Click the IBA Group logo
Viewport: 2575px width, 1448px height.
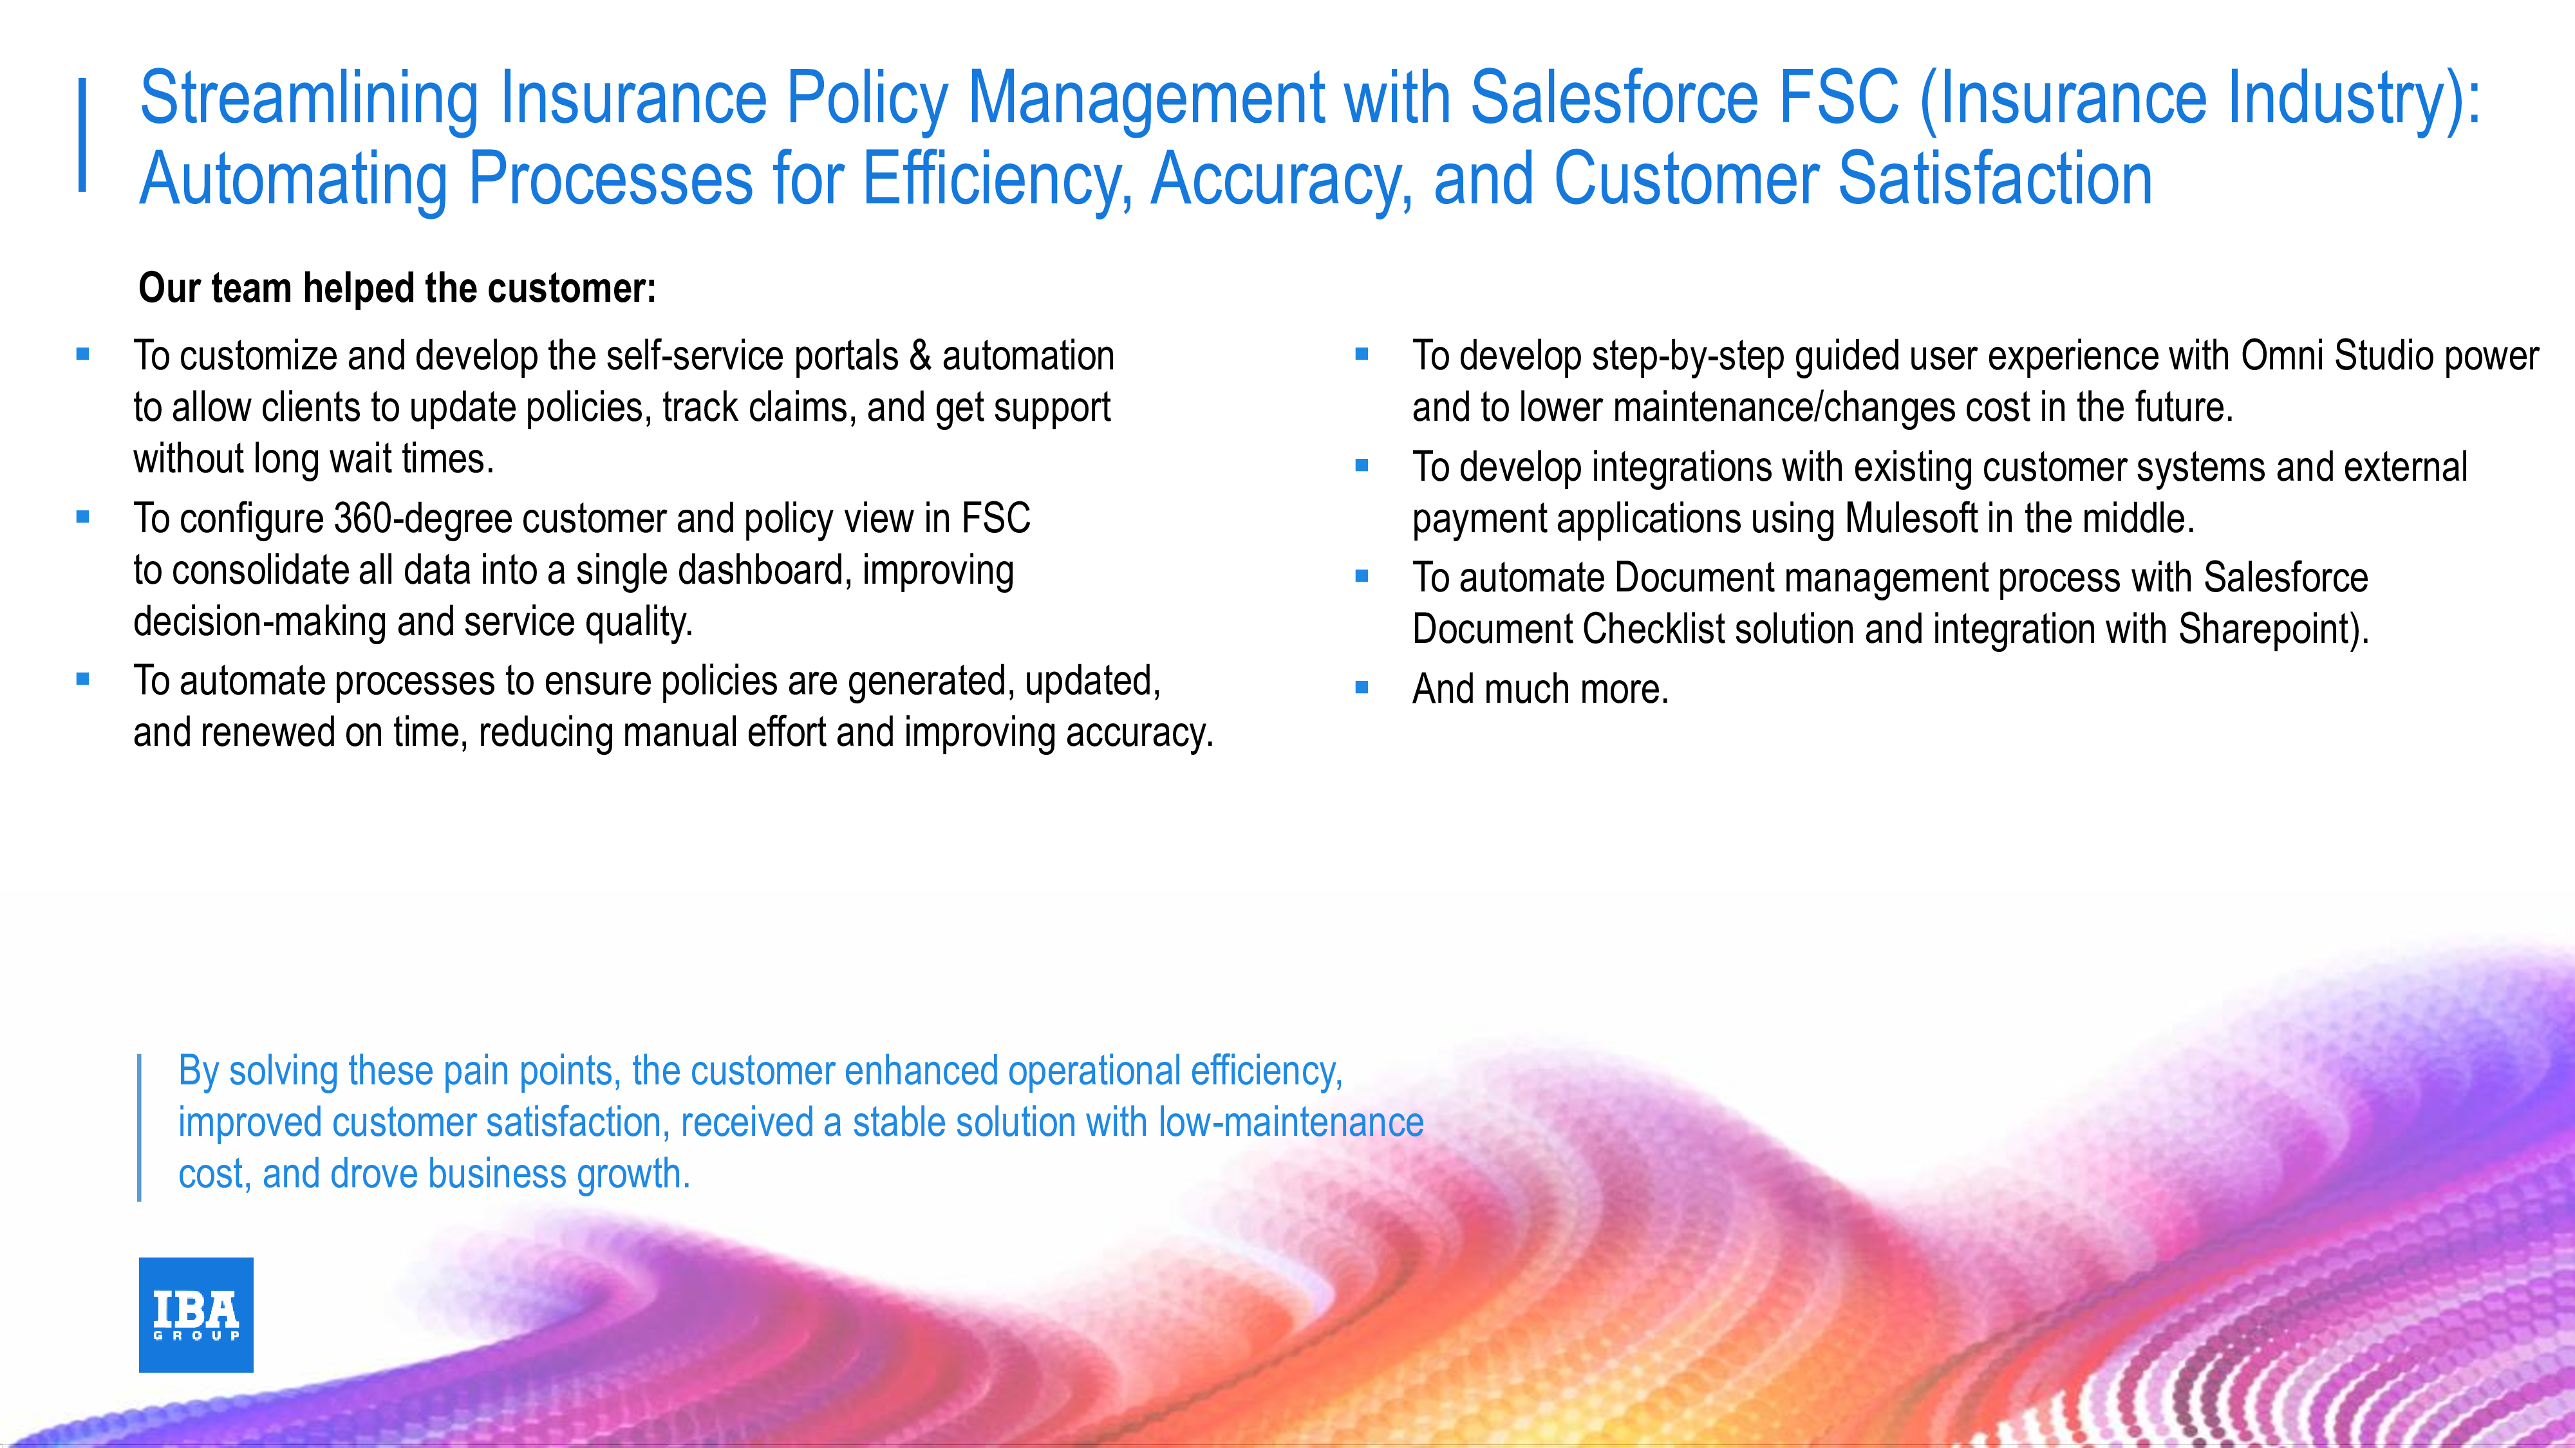(x=196, y=1314)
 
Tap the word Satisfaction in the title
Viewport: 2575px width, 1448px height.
(x=1995, y=180)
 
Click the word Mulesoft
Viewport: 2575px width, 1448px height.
(x=1911, y=519)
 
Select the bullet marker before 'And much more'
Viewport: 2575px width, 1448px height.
(x=1362, y=687)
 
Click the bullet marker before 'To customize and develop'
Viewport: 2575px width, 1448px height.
(x=83, y=354)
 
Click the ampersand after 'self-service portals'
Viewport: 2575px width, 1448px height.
(x=921, y=356)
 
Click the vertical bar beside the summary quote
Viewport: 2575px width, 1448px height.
(x=139, y=1128)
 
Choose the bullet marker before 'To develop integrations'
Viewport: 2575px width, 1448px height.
(x=1362, y=465)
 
